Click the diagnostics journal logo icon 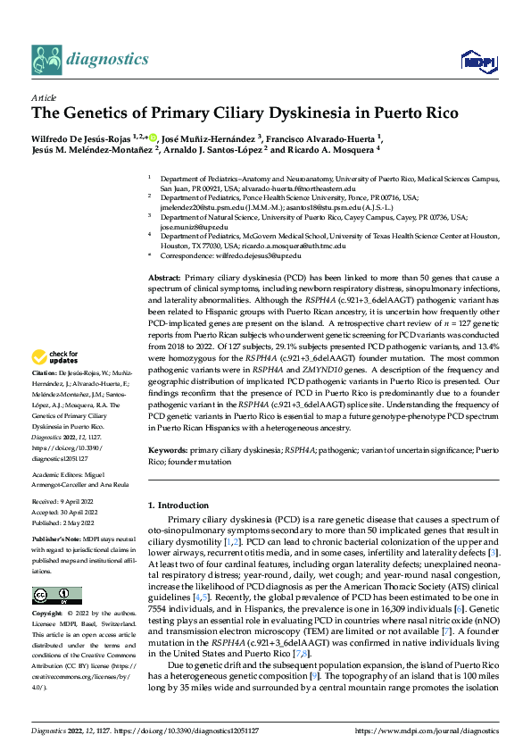(x=45, y=59)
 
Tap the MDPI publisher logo (x=475, y=60)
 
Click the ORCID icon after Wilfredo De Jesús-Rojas (x=153, y=138)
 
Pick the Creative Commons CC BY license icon (x=56, y=596)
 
